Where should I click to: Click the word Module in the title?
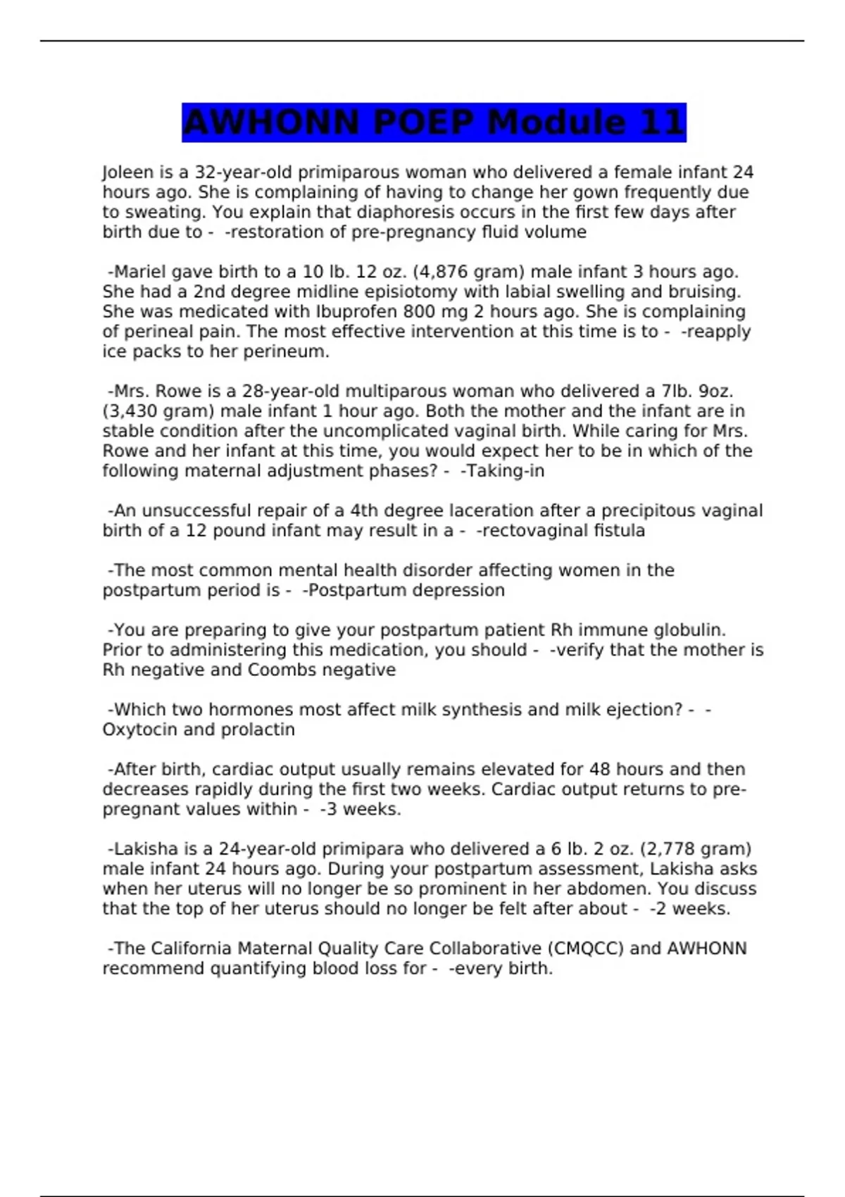coord(556,123)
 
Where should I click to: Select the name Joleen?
coord(123,173)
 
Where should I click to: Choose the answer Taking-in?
coord(505,471)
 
